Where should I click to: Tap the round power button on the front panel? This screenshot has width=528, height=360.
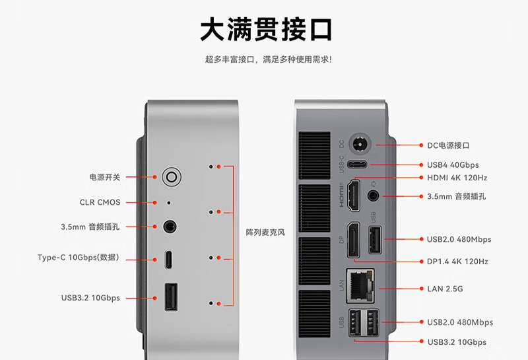click(x=172, y=176)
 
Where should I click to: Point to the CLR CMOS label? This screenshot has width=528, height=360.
click(x=100, y=202)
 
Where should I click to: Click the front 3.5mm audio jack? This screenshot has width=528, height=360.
click(x=170, y=227)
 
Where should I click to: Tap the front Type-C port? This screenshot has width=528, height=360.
click(x=170, y=259)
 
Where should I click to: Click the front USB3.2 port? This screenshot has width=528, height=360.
click(x=170, y=297)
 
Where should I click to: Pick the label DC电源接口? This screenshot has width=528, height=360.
click(x=449, y=145)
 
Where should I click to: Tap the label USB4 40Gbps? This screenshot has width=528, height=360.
click(x=453, y=164)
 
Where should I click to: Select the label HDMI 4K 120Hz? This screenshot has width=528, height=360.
click(x=457, y=178)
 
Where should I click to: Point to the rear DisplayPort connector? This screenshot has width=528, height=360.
click(x=353, y=240)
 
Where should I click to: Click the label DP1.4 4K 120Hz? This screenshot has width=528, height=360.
click(x=457, y=262)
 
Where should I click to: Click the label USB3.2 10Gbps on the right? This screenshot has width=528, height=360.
click(x=457, y=342)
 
